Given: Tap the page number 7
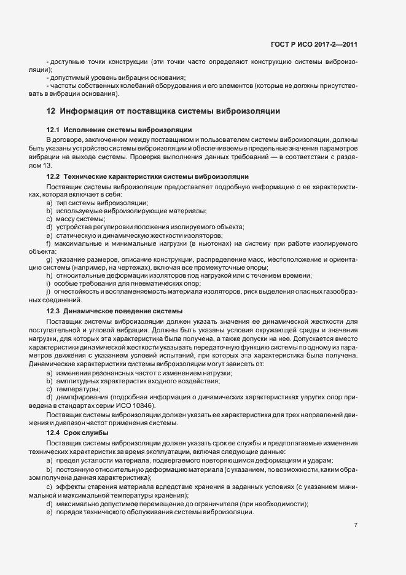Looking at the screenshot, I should pos(356,525).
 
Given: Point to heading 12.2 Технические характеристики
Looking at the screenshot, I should pos(147,176).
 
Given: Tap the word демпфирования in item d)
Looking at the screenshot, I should pos(82,397).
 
